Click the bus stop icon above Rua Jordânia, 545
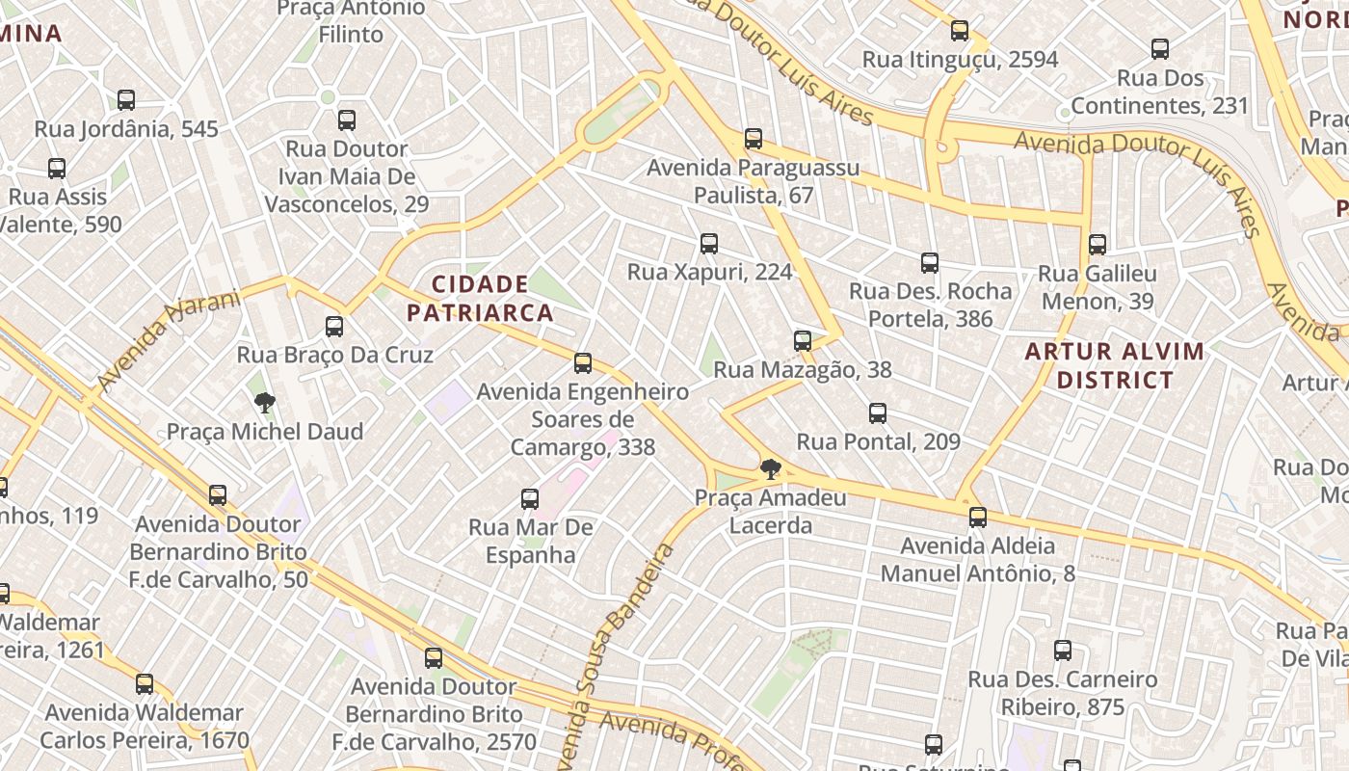126,99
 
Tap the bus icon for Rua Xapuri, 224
709,243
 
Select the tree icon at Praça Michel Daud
265,402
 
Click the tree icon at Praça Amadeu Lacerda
770,469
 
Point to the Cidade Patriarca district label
480,298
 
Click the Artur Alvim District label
1115,365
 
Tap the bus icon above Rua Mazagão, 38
803,340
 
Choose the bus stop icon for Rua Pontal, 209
878,413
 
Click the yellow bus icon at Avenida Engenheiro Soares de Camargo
583,363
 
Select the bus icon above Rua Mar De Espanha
530,498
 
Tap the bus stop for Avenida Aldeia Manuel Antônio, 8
978,518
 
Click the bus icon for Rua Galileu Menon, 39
1098,245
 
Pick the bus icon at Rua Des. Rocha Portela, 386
930,262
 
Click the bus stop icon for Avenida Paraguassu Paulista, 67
754,139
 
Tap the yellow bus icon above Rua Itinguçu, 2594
960,31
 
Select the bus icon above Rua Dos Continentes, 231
1160,48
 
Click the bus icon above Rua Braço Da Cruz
334,326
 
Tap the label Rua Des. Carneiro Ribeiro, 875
1062,693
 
